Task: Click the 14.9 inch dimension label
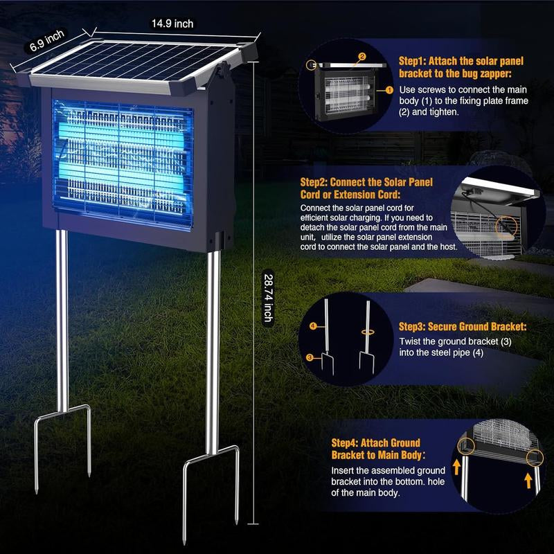[x=172, y=24]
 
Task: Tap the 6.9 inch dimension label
[x=47, y=40]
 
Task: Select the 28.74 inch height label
[x=269, y=298]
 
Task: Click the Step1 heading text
[x=461, y=67]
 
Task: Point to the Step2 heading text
[x=366, y=188]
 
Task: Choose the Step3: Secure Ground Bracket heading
[x=463, y=326]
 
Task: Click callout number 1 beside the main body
[x=389, y=90]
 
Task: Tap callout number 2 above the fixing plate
[x=361, y=57]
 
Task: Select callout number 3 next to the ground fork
[x=310, y=357]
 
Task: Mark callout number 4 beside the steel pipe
[x=313, y=325]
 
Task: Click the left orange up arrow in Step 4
[x=457, y=467]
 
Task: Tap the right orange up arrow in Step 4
[x=528, y=481]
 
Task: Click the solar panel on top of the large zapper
[x=136, y=62]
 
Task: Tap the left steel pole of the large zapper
[x=62, y=321]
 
